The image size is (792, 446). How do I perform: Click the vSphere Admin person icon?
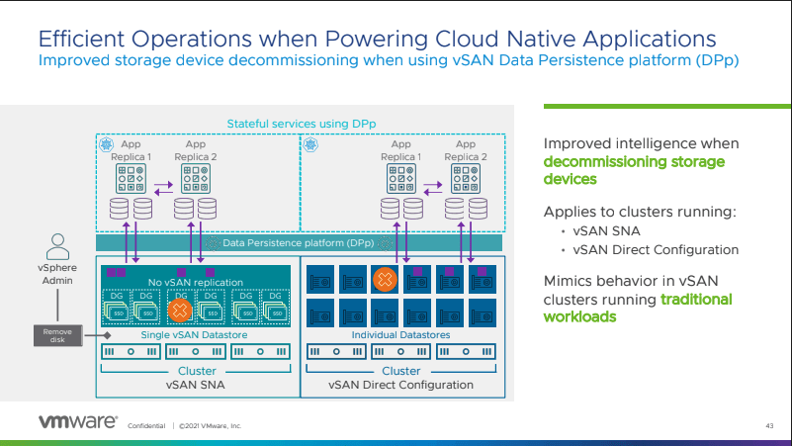point(58,245)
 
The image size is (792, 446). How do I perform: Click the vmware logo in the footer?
point(78,422)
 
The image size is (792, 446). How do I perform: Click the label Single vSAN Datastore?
point(194,335)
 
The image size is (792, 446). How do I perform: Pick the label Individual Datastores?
point(401,335)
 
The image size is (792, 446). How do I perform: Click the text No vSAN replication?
point(194,283)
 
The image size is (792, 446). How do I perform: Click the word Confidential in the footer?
point(145,426)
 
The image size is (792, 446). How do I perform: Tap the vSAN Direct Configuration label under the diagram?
point(401,385)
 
